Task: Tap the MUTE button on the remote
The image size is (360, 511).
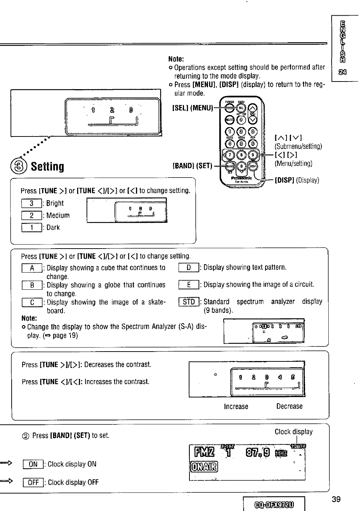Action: pos(229,119)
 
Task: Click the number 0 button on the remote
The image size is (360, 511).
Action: pos(241,167)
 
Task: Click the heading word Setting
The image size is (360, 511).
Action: pos(47,167)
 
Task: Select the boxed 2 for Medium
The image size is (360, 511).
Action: pos(32,215)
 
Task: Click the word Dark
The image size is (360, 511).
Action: pos(53,227)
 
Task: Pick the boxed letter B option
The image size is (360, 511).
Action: pos(32,285)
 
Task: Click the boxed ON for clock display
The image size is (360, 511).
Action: pos(33,464)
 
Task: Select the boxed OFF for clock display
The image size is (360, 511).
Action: pos(33,482)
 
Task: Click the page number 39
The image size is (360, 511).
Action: pos(336,499)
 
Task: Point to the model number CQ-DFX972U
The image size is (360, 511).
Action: pos(274,505)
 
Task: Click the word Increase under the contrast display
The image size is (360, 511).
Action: pos(236,406)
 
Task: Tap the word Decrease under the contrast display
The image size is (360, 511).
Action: pos(289,406)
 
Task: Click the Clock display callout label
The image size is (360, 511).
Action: pos(293,432)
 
